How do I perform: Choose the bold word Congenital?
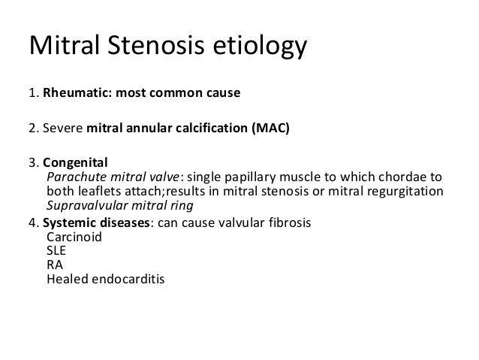coord(75,162)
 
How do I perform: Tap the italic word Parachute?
coord(75,177)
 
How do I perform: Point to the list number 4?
coord(32,222)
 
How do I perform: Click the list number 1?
coord(32,95)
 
